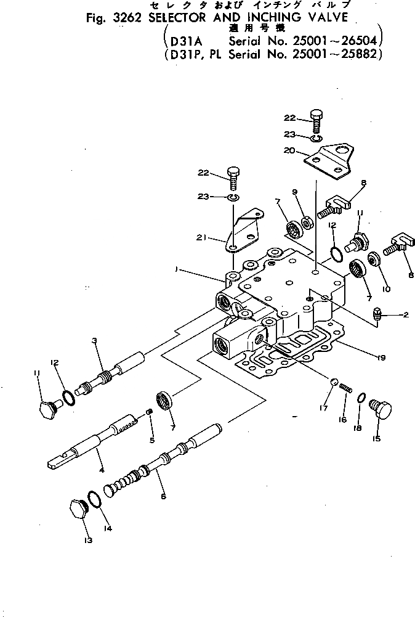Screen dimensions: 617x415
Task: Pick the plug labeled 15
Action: (x=382, y=410)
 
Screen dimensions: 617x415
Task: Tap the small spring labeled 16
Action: (x=345, y=388)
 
